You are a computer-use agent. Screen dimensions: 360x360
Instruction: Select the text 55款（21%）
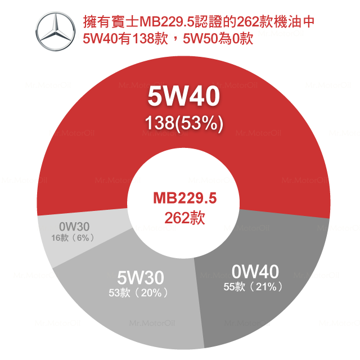click(x=253, y=286)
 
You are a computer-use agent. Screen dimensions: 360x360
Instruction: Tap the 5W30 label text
click(x=141, y=278)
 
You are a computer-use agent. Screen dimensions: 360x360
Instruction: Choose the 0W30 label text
click(x=74, y=227)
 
